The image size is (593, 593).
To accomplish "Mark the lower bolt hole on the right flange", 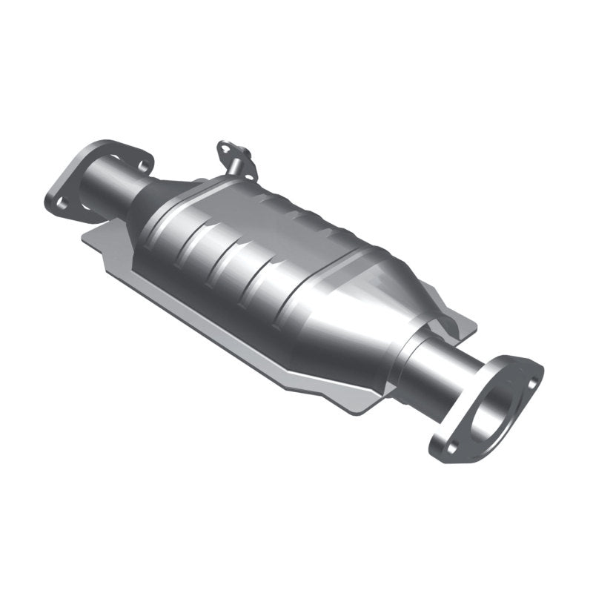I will pos(447,447).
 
